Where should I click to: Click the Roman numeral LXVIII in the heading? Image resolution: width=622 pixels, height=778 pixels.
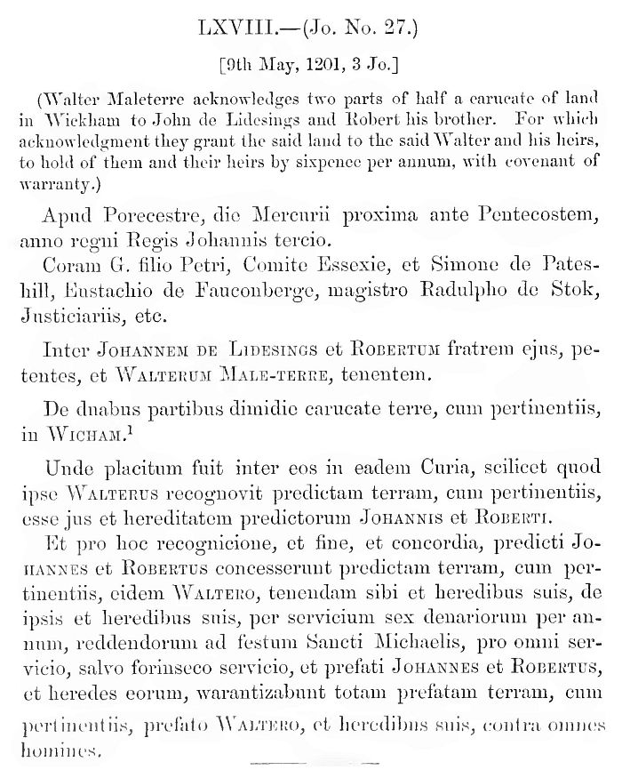(x=237, y=28)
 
